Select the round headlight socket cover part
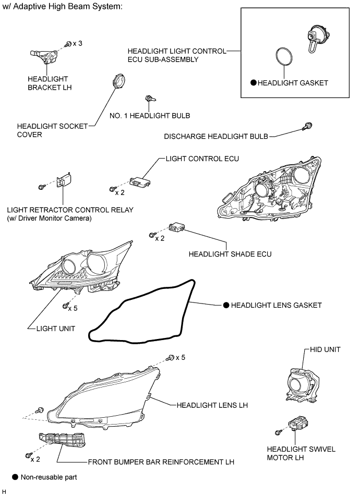click(x=119, y=83)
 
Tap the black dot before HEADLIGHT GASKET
click(x=253, y=82)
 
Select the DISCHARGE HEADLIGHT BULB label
click(x=216, y=137)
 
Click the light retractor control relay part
click(x=63, y=182)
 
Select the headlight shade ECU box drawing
click(x=176, y=228)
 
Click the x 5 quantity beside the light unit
click(x=73, y=308)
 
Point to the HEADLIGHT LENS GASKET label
click(x=276, y=305)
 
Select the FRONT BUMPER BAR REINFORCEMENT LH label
click(x=161, y=462)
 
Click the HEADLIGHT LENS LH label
click(x=211, y=404)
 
